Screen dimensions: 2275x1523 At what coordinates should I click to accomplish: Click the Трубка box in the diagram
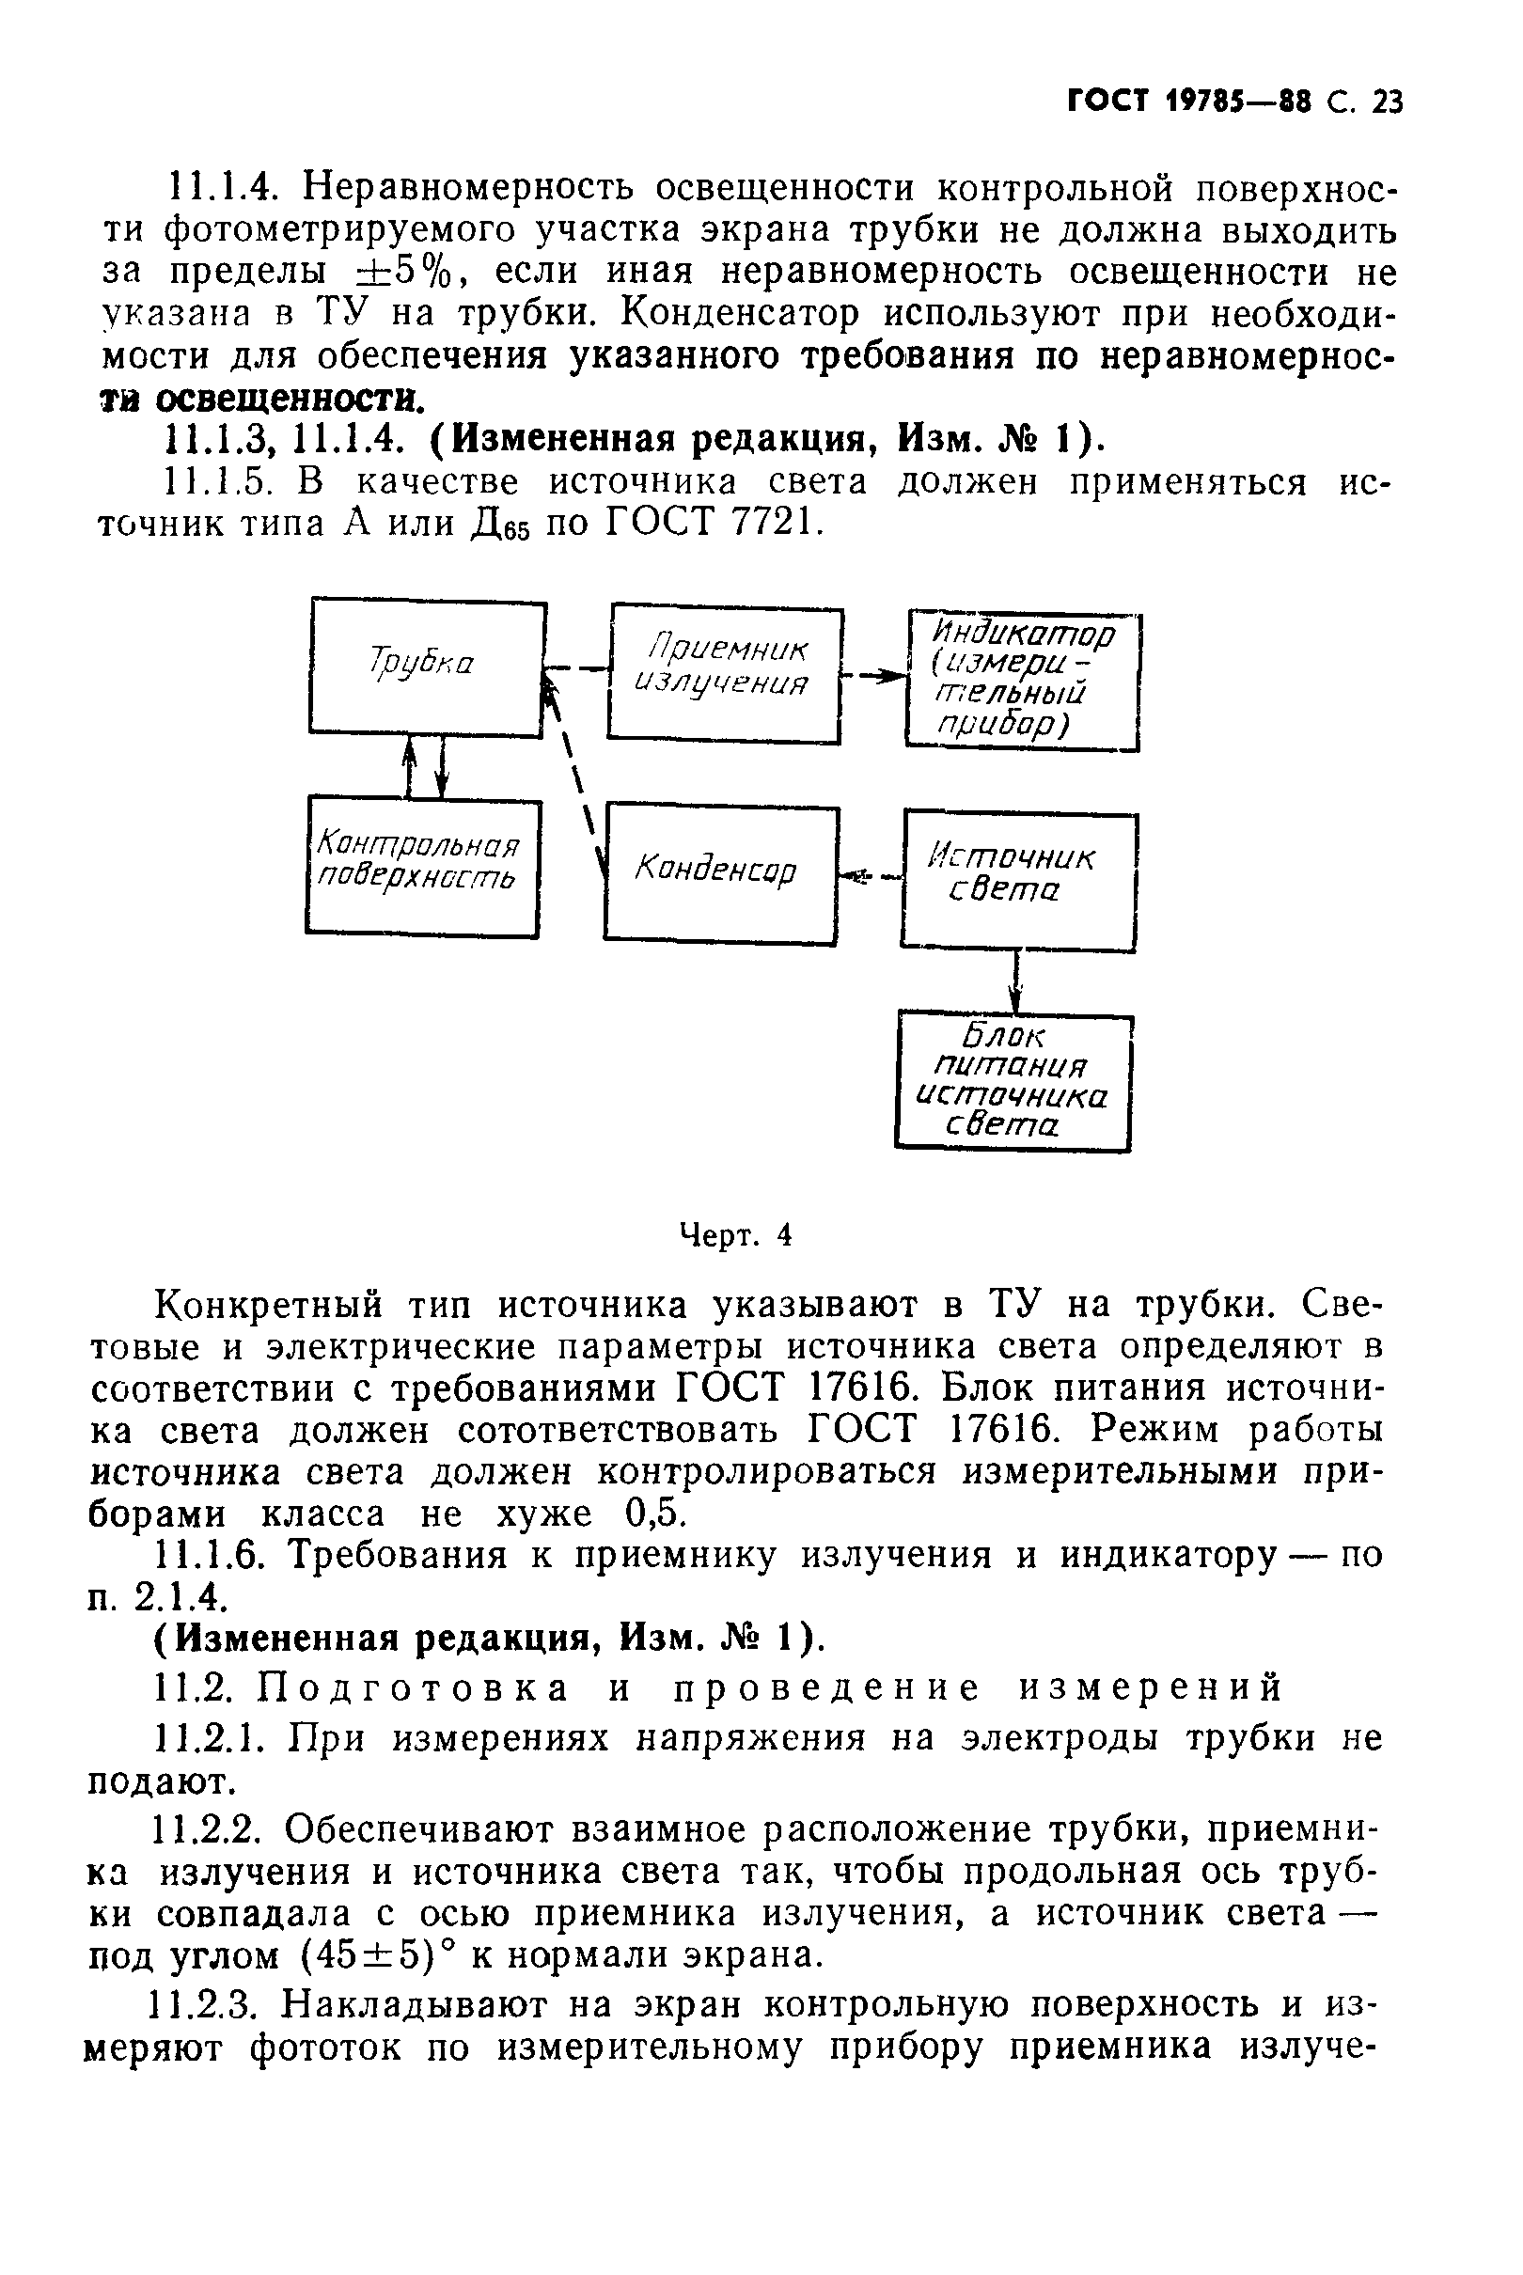point(427,668)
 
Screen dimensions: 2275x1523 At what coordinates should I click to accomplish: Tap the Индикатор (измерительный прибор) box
point(1022,681)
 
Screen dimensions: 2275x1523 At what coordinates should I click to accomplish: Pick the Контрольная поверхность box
point(422,866)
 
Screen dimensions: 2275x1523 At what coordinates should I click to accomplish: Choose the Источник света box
point(1018,881)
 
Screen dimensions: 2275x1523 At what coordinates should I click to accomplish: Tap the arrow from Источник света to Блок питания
point(1016,981)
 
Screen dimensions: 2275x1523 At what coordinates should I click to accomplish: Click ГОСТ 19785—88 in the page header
point(1189,102)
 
